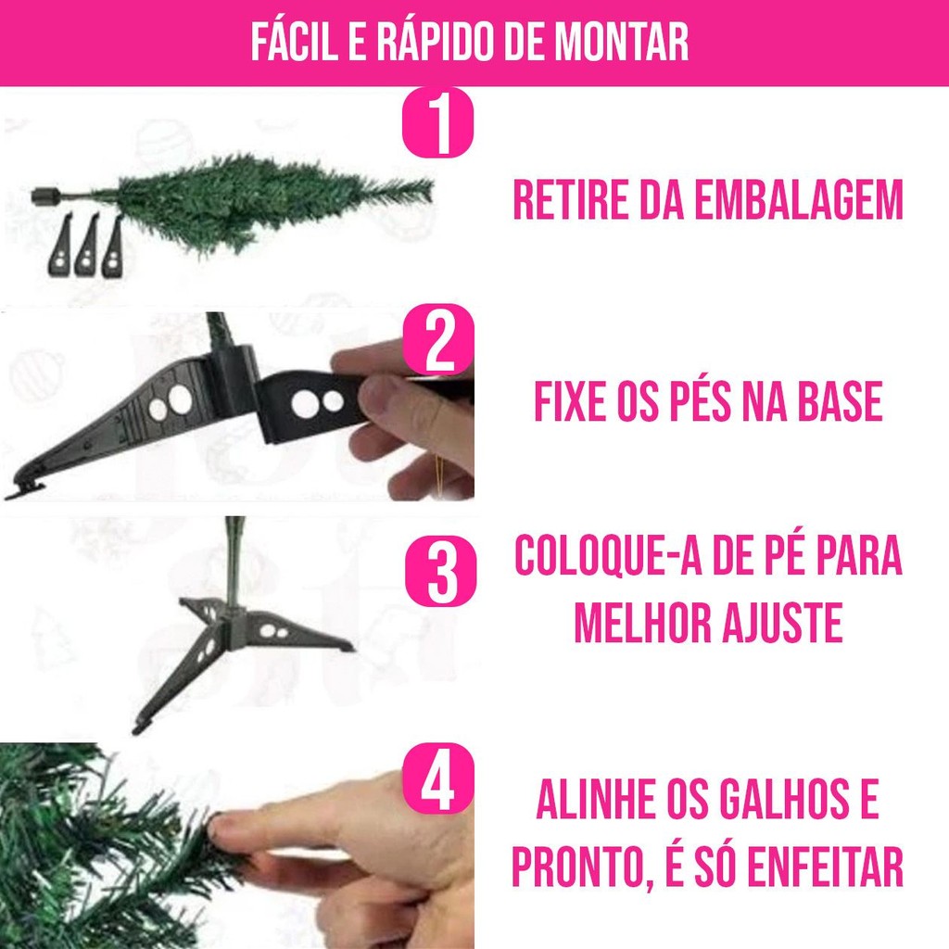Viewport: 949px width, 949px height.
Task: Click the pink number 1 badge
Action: tap(437, 123)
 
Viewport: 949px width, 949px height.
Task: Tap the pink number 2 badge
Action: tap(438, 339)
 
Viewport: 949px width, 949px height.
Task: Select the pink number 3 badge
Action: tap(440, 570)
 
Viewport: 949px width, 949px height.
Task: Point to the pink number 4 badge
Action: tap(437, 778)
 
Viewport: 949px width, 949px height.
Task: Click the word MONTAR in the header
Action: tap(622, 43)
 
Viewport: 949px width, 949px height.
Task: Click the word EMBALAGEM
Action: tap(798, 200)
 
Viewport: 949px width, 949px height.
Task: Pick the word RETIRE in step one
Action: tap(571, 200)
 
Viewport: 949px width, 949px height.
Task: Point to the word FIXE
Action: tap(571, 401)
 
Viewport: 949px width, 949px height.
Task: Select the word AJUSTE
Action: tap(783, 623)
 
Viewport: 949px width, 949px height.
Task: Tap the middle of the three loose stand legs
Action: tap(86, 246)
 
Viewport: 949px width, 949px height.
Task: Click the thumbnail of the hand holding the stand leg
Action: tap(237, 406)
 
